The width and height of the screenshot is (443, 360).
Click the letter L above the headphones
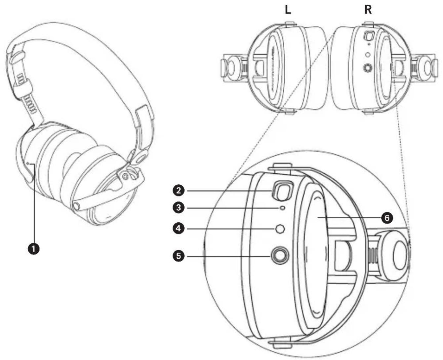pos(288,10)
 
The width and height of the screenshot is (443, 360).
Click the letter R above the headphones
pos(368,10)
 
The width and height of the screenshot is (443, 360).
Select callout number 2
pos(179,190)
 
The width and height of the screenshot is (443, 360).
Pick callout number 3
pos(179,208)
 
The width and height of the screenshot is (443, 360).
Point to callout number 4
pos(179,228)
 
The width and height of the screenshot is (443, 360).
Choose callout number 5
pos(179,255)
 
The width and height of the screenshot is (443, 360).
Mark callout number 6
pos(387,218)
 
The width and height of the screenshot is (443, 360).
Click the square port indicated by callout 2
pos(281,191)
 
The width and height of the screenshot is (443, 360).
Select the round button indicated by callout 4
pos(280,229)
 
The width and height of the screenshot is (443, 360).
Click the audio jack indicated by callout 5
pos(280,255)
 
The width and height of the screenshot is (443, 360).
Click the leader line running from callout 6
pos(350,218)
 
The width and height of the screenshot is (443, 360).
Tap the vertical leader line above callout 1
pos(34,205)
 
